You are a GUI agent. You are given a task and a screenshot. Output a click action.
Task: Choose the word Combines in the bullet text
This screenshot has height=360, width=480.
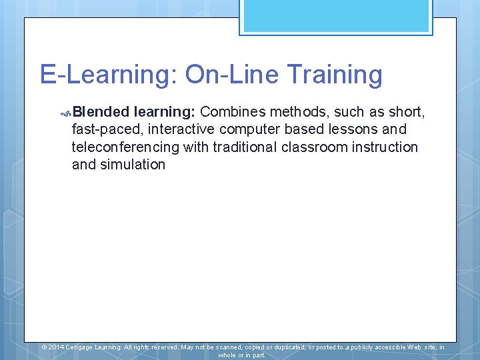tap(233, 111)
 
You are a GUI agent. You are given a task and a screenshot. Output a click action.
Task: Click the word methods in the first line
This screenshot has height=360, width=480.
tap(296, 111)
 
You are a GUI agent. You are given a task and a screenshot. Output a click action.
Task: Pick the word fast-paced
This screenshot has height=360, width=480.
tap(102, 129)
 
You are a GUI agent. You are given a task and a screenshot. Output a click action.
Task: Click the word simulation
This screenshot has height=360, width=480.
tap(133, 165)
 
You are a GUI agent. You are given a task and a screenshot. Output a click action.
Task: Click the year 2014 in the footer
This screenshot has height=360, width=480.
tap(56, 347)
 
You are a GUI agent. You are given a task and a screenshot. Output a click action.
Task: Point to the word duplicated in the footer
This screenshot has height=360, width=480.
tap(283, 347)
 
